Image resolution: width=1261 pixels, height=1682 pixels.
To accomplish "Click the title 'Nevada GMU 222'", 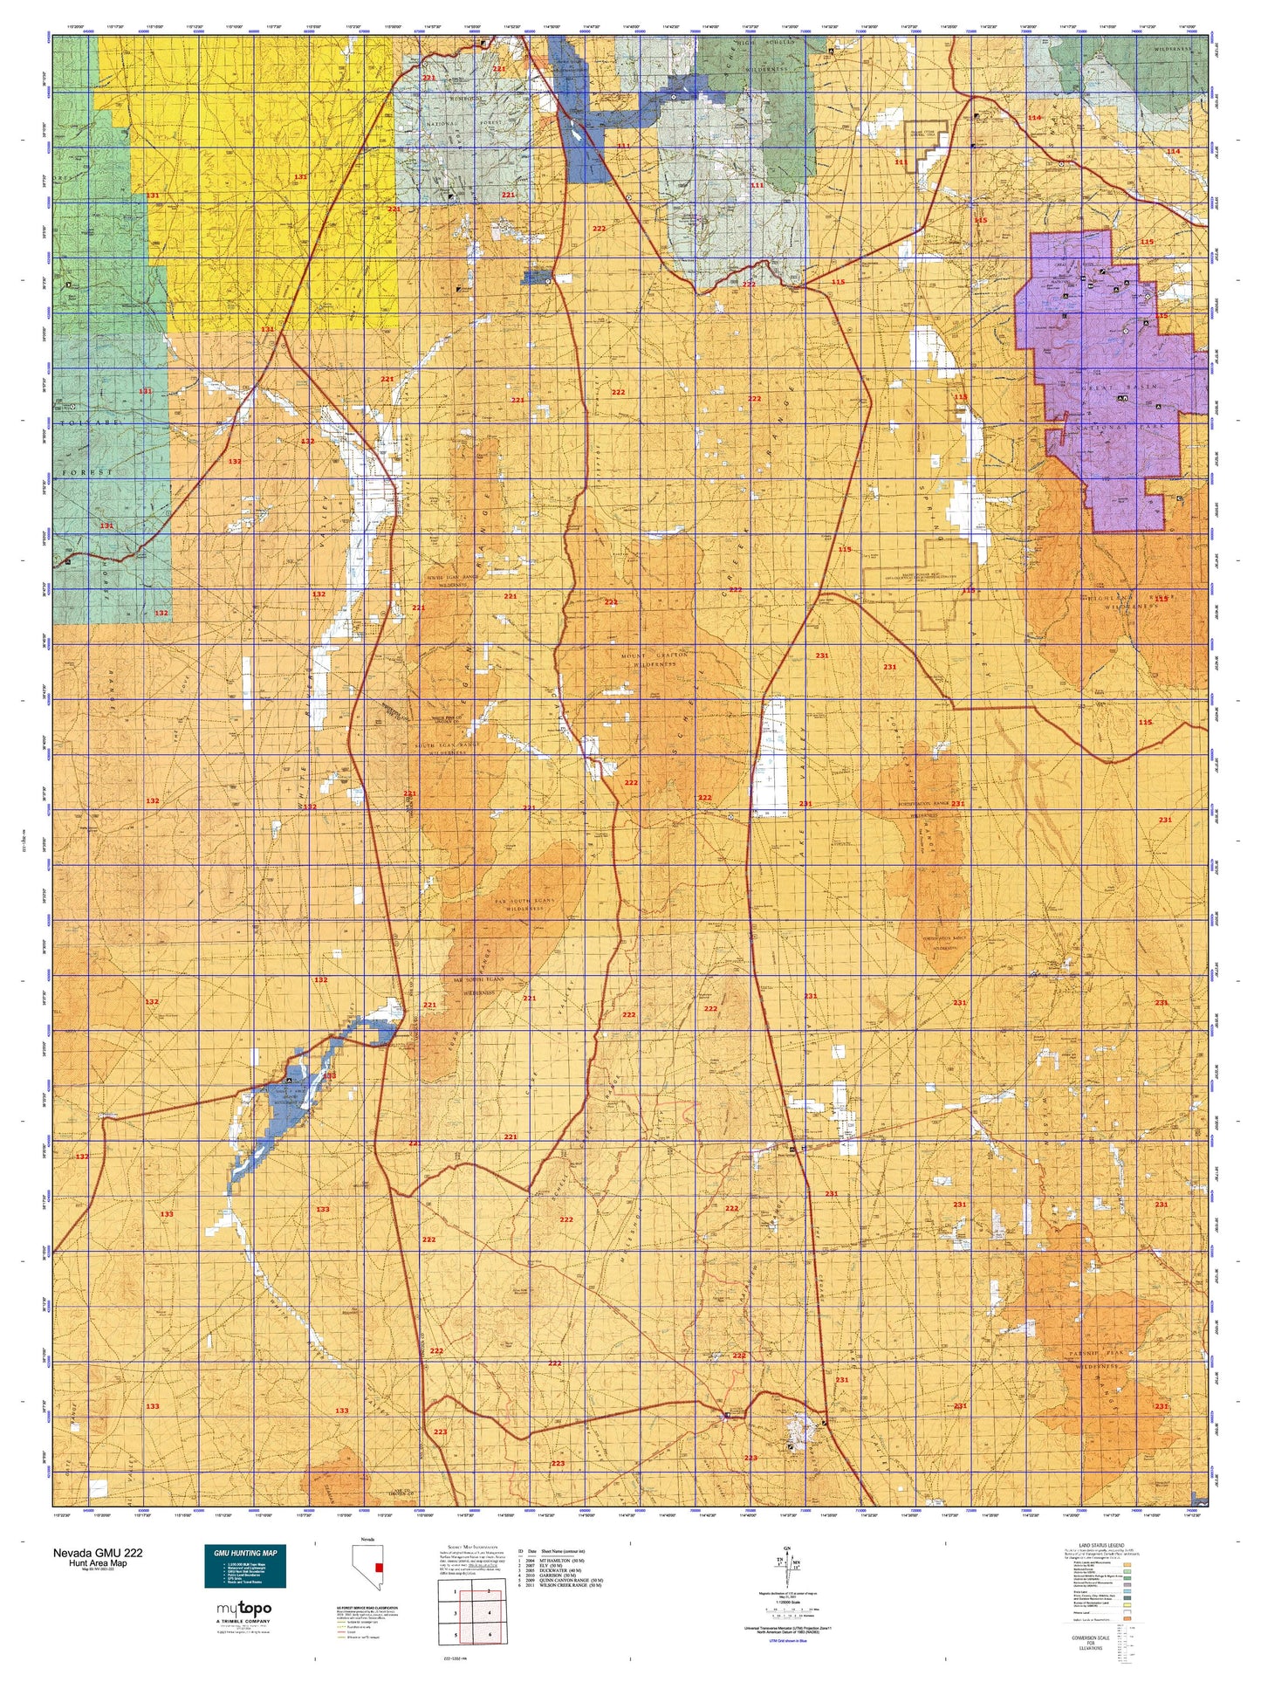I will [98, 1553].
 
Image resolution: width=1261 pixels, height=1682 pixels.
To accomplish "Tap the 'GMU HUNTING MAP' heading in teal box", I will [244, 1553].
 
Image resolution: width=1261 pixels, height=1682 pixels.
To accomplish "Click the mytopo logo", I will [243, 1608].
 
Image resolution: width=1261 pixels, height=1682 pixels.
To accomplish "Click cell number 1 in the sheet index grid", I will [455, 1590].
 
